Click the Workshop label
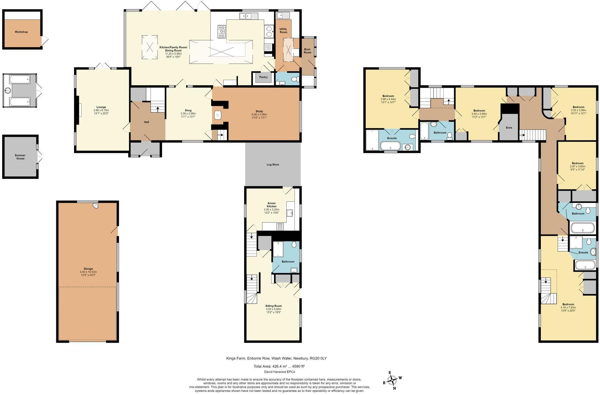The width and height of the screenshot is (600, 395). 21,32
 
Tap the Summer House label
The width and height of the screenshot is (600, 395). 20,157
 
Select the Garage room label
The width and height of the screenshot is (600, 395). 88,269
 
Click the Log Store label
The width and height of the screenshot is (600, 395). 273,165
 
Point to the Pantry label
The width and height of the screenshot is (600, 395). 263,77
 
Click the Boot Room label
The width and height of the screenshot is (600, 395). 307,51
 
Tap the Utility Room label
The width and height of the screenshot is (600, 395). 283,31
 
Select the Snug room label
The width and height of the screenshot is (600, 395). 188,110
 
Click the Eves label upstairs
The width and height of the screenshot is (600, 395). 509,128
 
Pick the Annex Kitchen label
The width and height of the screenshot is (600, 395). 272,205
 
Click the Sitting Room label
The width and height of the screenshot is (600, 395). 273,306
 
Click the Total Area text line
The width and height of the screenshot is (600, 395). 279,366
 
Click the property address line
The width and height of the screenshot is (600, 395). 276,358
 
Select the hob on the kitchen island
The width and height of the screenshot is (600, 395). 222,32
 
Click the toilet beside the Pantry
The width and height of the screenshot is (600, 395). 294,79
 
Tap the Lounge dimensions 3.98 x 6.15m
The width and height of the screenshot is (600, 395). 101,110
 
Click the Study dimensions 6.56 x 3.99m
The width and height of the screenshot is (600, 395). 259,114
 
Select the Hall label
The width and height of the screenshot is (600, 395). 146,122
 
